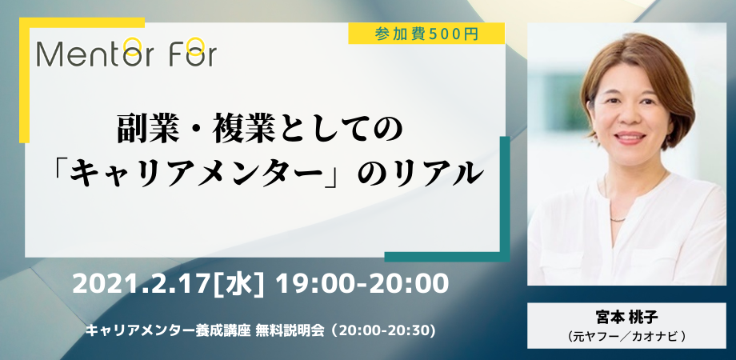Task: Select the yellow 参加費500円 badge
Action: pos(426,34)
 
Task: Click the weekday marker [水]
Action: pos(238,284)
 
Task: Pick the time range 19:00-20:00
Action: pos(362,284)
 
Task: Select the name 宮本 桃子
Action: pos(626,317)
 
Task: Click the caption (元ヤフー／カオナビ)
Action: pos(626,337)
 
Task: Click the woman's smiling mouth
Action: pos(630,138)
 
